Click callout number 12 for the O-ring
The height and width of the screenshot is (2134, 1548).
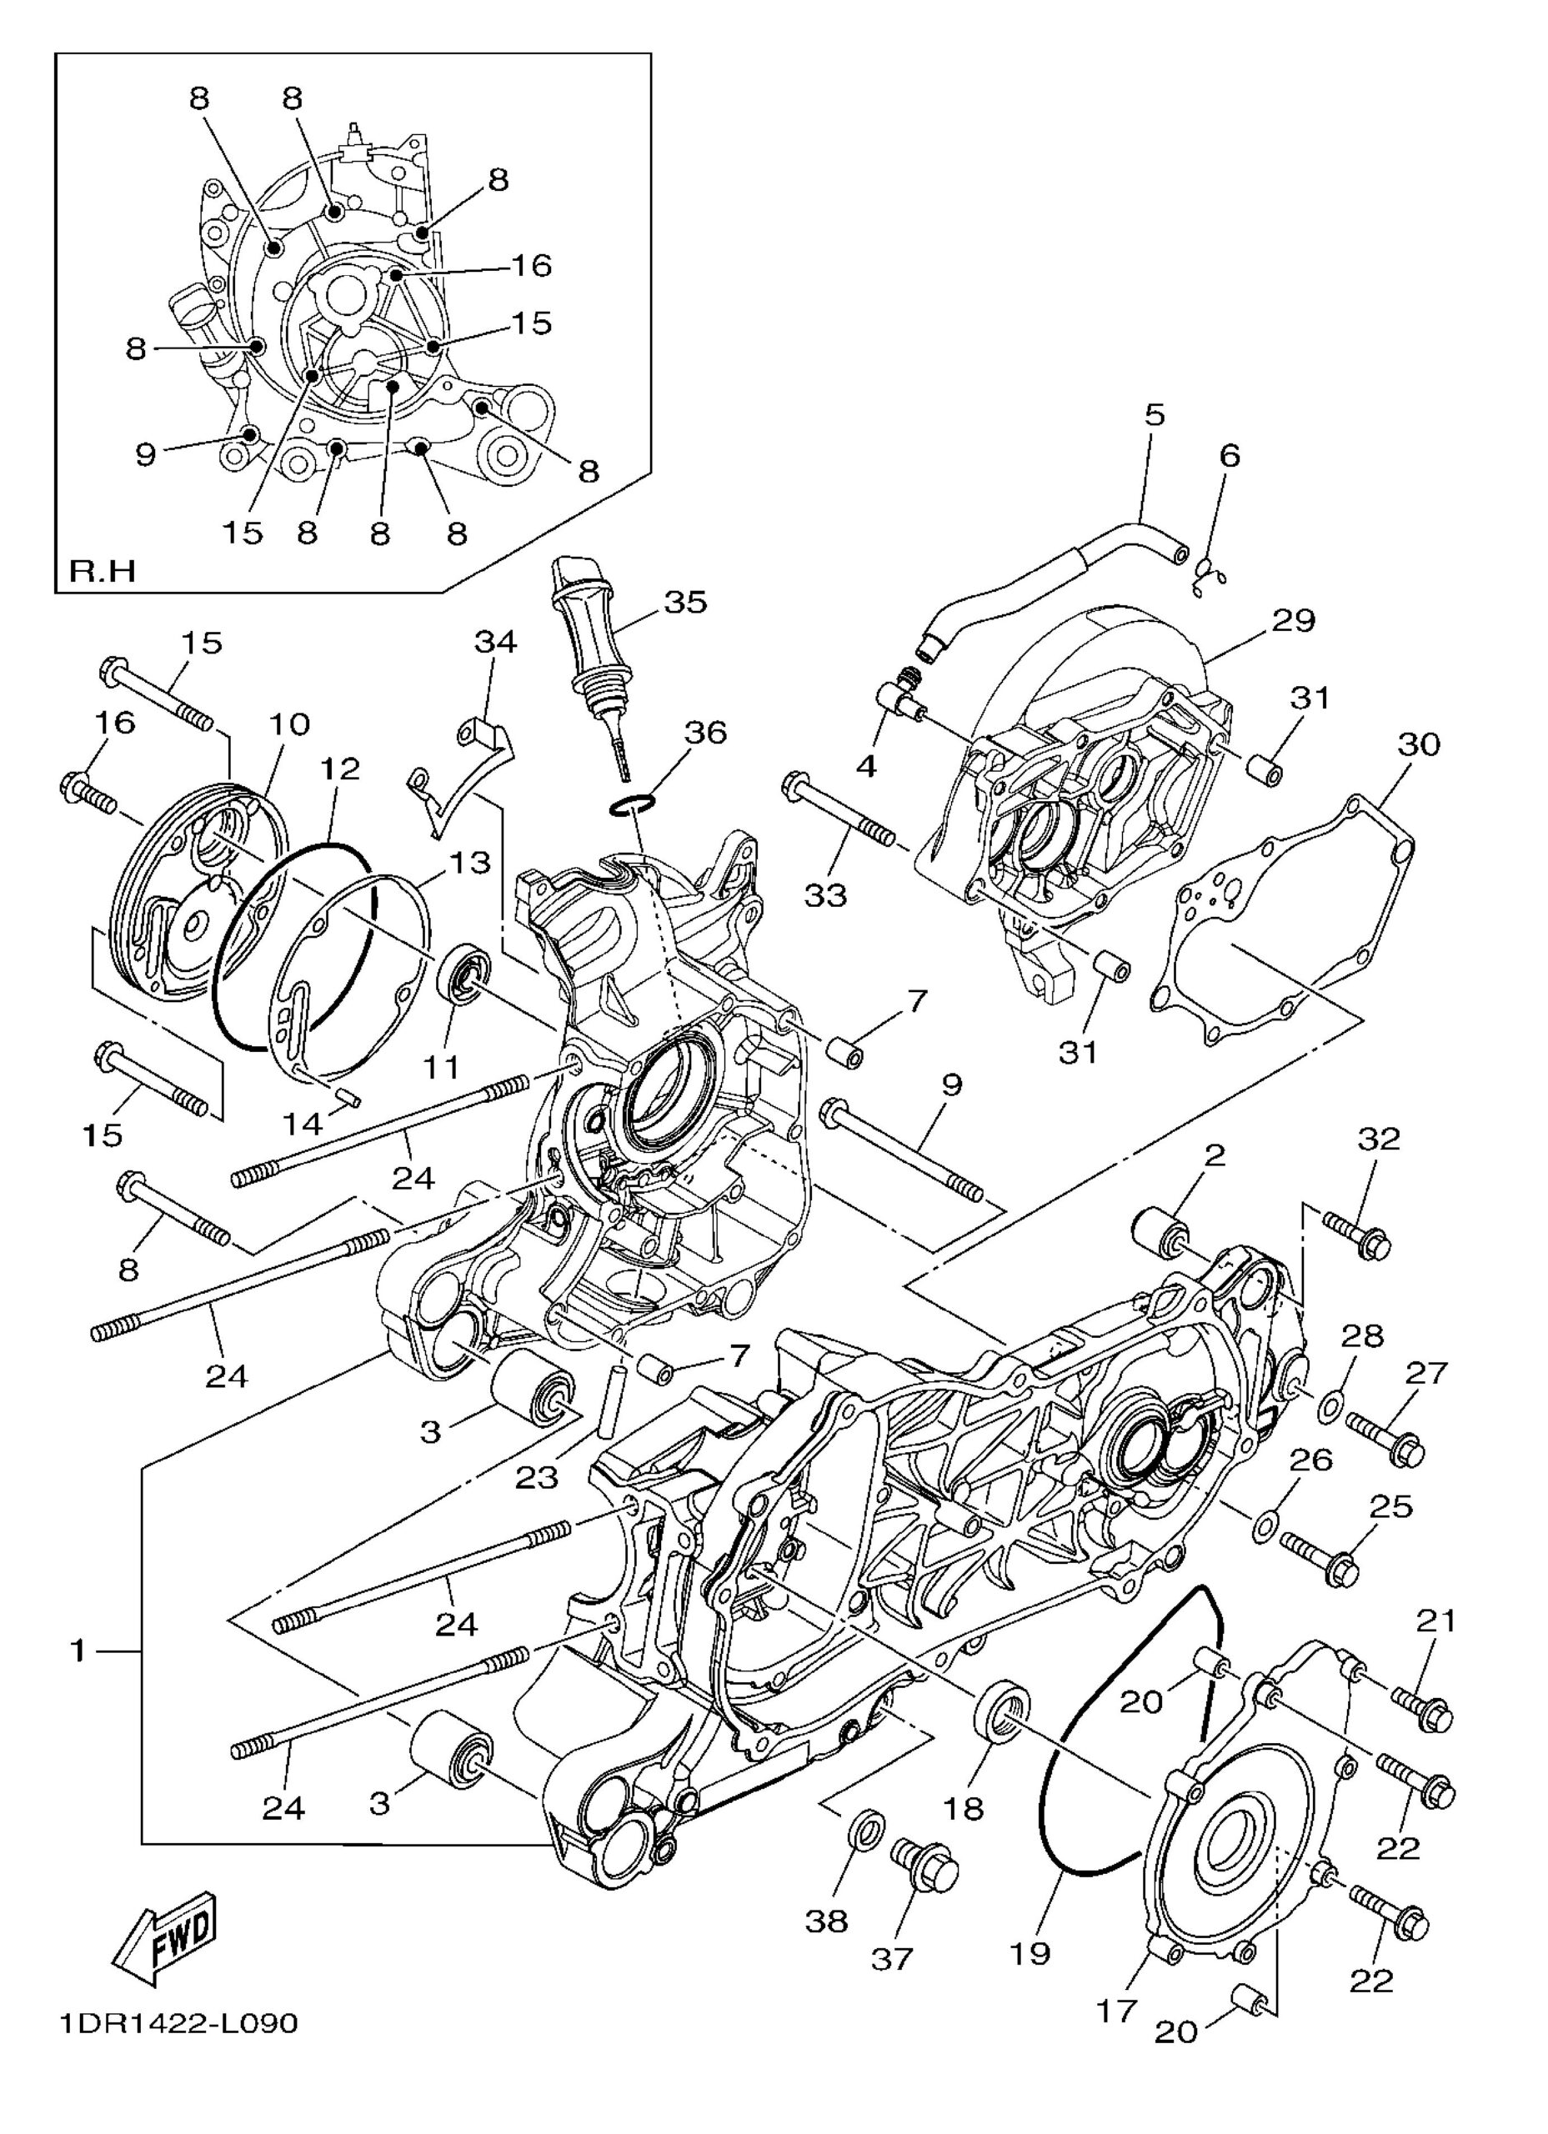pos(341,768)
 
